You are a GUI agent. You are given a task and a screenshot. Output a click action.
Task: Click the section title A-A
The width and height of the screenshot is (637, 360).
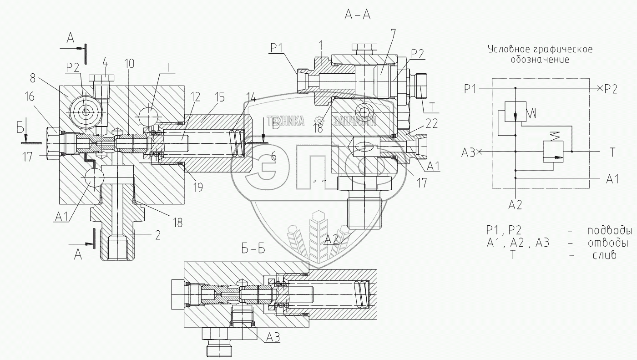(358, 15)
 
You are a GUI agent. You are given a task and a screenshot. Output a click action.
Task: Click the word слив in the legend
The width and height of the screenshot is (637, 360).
(604, 255)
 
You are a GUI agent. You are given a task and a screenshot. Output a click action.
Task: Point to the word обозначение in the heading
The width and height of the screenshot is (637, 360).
(540, 60)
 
